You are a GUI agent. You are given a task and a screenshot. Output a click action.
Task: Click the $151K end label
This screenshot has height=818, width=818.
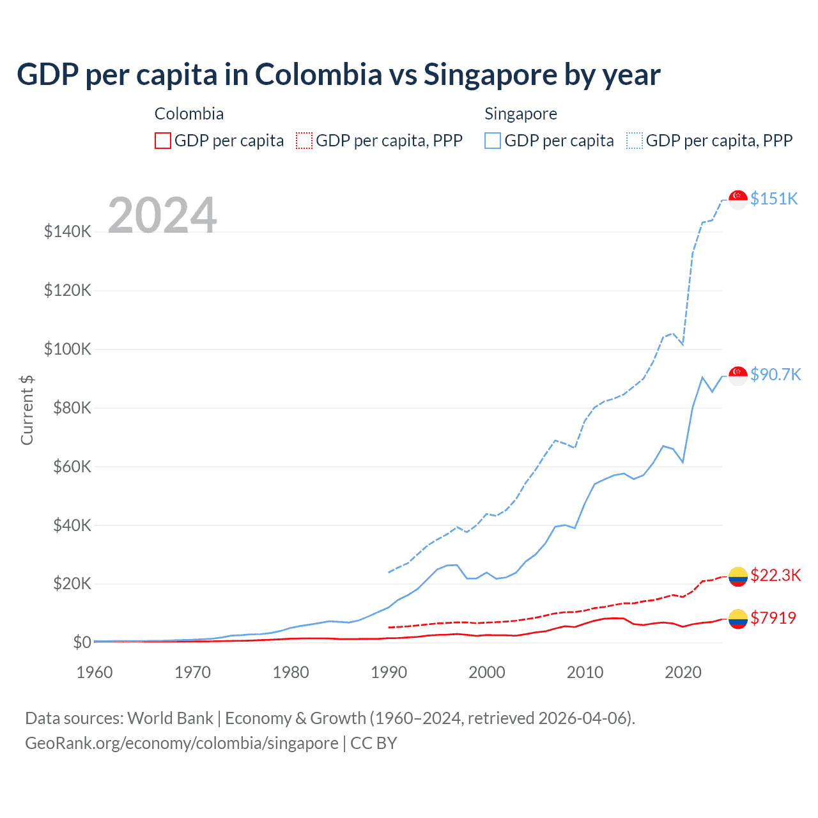tap(774, 199)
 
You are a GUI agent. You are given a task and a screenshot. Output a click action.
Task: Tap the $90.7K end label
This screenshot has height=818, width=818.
tap(775, 374)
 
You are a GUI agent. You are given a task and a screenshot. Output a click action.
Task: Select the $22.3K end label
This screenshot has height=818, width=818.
tap(775, 575)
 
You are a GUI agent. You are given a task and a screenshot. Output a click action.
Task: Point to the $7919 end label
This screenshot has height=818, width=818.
tap(773, 618)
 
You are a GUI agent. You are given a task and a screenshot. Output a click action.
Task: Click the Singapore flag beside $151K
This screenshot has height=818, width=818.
tap(738, 199)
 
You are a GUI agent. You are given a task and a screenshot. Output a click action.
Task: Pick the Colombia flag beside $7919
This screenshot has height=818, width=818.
tap(738, 619)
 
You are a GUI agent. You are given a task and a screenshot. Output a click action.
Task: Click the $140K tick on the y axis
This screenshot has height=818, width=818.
tap(68, 231)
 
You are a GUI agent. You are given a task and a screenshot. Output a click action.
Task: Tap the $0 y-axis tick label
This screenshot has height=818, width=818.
tap(82, 642)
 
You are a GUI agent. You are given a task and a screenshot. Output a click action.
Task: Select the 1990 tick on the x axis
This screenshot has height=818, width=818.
tap(389, 672)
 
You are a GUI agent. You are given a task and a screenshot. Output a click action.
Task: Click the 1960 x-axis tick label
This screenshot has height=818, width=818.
tap(95, 672)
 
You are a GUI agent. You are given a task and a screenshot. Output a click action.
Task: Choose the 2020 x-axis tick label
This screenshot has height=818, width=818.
tap(683, 672)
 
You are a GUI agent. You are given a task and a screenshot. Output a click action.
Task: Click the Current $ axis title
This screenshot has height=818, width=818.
tap(27, 410)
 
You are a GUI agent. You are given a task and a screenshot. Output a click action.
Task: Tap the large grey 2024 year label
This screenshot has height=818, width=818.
tap(162, 215)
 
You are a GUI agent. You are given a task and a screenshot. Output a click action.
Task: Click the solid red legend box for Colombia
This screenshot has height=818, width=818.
tap(163, 141)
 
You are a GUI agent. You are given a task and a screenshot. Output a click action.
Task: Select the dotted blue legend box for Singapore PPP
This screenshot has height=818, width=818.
tap(635, 141)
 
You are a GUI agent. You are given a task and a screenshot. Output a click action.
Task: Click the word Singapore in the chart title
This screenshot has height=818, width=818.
tap(490, 75)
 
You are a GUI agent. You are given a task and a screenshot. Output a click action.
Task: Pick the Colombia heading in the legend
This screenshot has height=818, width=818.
tap(189, 114)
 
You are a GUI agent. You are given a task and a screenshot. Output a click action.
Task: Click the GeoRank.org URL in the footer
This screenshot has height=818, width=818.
tap(181, 743)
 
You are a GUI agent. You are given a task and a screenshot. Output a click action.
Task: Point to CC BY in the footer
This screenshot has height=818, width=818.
tap(374, 743)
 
